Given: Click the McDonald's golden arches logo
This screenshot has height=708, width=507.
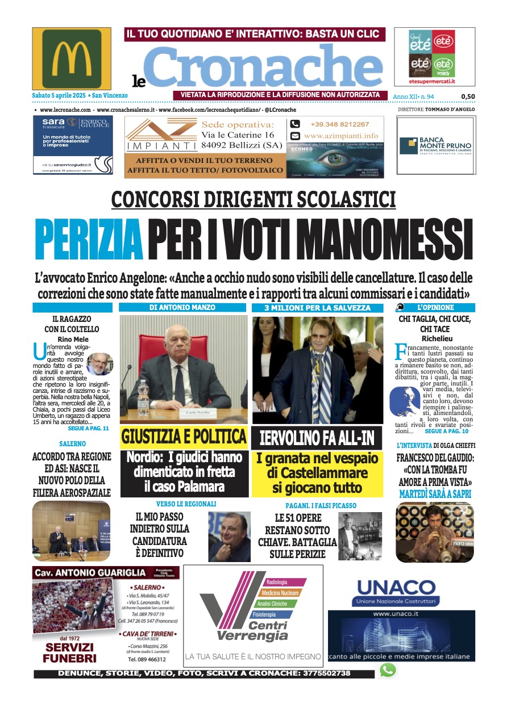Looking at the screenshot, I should click(72, 58).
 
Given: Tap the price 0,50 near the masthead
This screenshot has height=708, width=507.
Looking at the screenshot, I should click(468, 97).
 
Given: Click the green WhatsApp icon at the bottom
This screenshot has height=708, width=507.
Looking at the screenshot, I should click(388, 671).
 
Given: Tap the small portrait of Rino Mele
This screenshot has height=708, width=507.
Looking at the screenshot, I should click(99, 364).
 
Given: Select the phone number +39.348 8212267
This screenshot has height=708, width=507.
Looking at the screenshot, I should click(339, 124).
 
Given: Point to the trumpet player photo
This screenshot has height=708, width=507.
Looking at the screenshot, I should click(434, 532).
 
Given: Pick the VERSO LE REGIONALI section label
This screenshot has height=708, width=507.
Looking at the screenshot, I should click(185, 504).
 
